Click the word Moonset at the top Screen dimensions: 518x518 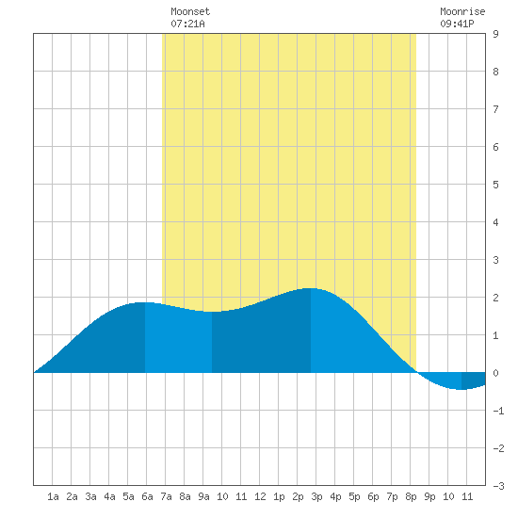click(190, 11)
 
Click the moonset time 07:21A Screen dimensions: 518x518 click(187, 24)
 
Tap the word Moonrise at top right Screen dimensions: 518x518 click(462, 11)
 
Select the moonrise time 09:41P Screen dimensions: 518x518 click(457, 24)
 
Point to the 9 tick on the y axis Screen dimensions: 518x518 click(495, 34)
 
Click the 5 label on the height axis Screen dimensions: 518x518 click(495, 185)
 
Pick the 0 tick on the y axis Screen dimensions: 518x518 click(495, 373)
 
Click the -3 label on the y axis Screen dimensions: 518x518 click(498, 486)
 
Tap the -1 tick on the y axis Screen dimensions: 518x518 click(498, 411)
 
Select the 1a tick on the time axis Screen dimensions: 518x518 click(53, 496)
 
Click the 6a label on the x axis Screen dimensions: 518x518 click(147, 496)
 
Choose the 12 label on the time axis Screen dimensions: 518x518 click(260, 496)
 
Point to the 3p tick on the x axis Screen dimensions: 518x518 click(316, 496)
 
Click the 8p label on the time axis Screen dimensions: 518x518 click(411, 496)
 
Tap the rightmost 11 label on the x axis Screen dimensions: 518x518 click(467, 496)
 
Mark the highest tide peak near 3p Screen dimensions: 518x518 click(310, 288)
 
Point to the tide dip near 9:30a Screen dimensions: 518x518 click(212, 312)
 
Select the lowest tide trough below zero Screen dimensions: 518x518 click(461, 390)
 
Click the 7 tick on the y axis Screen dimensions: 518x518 click(495, 109)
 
